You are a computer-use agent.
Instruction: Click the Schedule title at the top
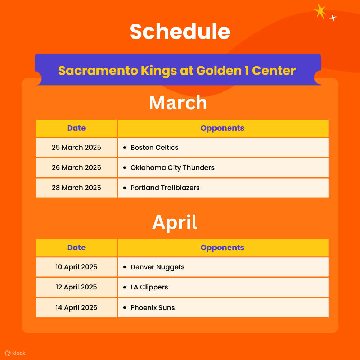pyautogui.click(x=180, y=32)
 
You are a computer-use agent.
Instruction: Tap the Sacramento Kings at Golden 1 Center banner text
pyautogui.click(x=177, y=70)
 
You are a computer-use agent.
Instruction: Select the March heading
pyautogui.click(x=178, y=103)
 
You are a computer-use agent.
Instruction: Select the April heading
pyautogui.click(x=175, y=222)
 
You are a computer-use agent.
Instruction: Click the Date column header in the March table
pyautogui.click(x=76, y=128)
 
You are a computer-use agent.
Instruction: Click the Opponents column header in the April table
pyautogui.click(x=222, y=248)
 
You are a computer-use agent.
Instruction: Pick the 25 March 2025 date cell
pyautogui.click(x=76, y=147)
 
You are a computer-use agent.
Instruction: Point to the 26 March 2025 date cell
pyautogui.click(x=76, y=167)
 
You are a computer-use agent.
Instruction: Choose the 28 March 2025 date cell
pyautogui.click(x=76, y=188)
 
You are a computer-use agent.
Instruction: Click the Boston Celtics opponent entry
pyautogui.click(x=154, y=147)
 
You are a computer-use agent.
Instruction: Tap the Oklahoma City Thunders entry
pyautogui.click(x=172, y=167)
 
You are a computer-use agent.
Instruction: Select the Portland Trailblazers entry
pyautogui.click(x=165, y=188)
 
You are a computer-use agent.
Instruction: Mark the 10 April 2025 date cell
pyautogui.click(x=76, y=267)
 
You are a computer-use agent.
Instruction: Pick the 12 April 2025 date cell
pyautogui.click(x=76, y=287)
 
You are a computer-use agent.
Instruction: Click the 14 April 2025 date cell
pyautogui.click(x=76, y=307)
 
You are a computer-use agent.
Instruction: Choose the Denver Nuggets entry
pyautogui.click(x=157, y=267)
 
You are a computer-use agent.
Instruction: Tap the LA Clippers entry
pyautogui.click(x=149, y=287)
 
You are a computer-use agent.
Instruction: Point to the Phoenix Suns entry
pyautogui.click(x=152, y=307)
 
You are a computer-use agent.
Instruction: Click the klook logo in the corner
pyautogui.click(x=15, y=353)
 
